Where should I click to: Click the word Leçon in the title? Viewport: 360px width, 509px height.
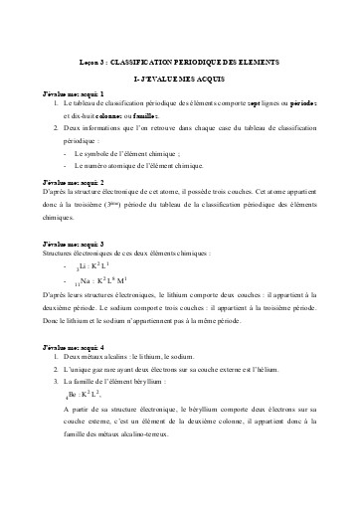89,61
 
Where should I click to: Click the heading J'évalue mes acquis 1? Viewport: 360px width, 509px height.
74,92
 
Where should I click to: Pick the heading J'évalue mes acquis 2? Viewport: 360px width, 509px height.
74,184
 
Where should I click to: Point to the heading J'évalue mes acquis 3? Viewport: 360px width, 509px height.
74,245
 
